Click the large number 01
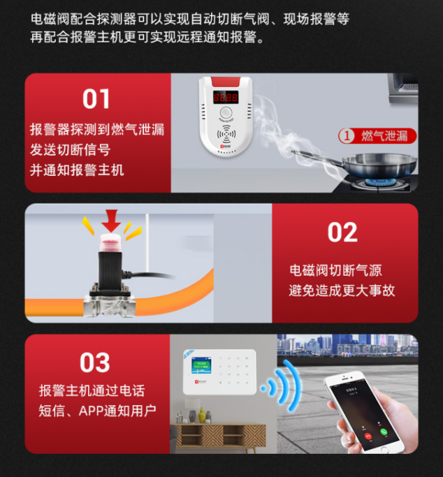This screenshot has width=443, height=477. click(x=96, y=99)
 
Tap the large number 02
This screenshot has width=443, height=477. click(x=342, y=233)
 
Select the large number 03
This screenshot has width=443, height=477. click(x=94, y=363)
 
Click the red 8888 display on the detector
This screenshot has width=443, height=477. click(x=225, y=97)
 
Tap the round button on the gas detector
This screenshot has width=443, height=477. click(x=225, y=112)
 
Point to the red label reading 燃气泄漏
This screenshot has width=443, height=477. click(x=377, y=136)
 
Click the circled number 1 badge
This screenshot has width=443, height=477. click(x=346, y=136)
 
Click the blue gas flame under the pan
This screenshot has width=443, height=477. click(x=377, y=182)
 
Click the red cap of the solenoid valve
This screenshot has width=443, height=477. click(x=110, y=242)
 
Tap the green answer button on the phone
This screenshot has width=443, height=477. click(x=383, y=431)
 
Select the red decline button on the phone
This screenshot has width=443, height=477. click(x=368, y=436)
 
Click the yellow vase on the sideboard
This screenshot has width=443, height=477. click(x=202, y=415)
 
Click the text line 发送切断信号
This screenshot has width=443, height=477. click(x=70, y=149)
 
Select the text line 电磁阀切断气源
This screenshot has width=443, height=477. click(x=336, y=270)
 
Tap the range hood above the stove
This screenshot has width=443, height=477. click(x=403, y=88)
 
